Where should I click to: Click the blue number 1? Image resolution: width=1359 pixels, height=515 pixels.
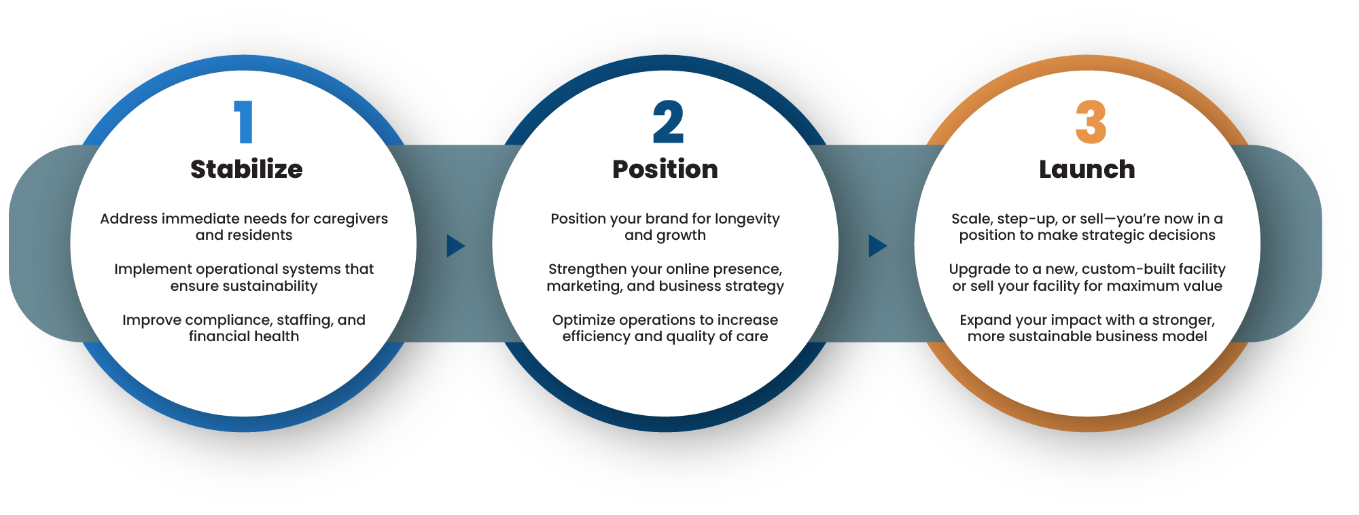coord(243,122)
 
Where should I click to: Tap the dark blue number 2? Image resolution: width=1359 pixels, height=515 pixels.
coord(668,122)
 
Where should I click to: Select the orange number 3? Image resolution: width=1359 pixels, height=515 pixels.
coord(1091,122)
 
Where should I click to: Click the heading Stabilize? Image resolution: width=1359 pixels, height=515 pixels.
coord(246,169)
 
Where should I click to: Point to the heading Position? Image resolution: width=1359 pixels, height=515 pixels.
coord(665,169)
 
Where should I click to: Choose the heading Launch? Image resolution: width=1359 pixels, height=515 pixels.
coord(1087,169)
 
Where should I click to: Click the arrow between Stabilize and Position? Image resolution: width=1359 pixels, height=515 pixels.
coord(455,246)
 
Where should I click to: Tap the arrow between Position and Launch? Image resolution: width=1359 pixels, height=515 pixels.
coord(877,246)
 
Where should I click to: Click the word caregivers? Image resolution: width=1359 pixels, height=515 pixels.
coord(351,219)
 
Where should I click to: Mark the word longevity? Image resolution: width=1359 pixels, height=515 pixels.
coord(747,219)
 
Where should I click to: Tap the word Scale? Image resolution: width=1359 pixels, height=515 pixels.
coord(970,219)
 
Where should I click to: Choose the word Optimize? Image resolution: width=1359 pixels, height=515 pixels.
coord(583,320)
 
